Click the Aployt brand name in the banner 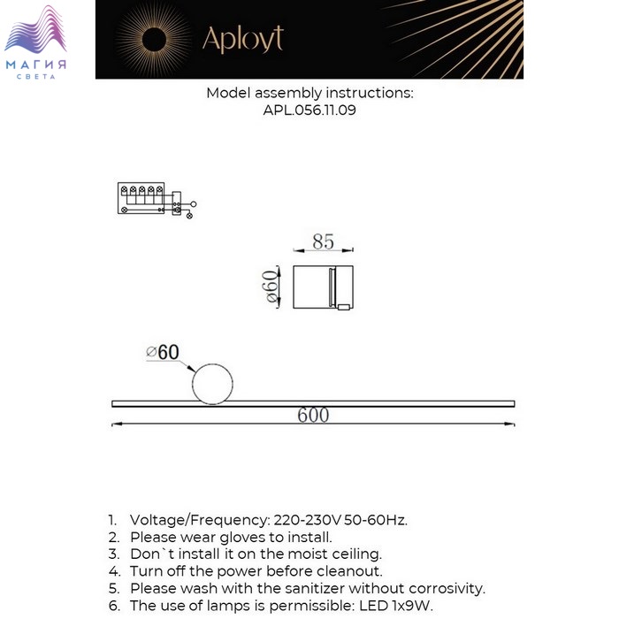coord(243,39)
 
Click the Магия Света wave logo coord(35,40)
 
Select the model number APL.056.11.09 coord(309,111)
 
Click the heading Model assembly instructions coord(309,93)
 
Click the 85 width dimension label coord(323,241)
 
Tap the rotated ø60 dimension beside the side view coord(274,287)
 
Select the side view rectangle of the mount coord(323,287)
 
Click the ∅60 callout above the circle coord(163,352)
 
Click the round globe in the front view coord(212,384)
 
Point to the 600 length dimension coord(313,415)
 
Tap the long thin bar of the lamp coord(313,403)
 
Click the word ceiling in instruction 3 coord(353,554)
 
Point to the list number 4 coord(112,571)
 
